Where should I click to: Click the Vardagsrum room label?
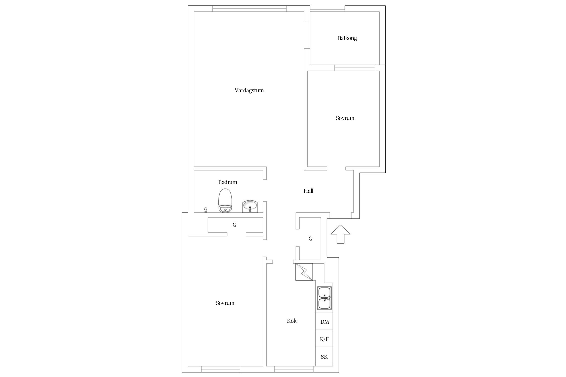[x=249, y=90]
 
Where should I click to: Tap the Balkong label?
[x=347, y=38]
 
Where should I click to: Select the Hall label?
[x=308, y=191]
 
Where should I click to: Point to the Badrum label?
[x=228, y=182]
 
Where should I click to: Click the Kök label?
[x=292, y=321]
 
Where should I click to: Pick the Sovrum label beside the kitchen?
[x=225, y=303]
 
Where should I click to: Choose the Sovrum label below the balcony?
[x=345, y=118]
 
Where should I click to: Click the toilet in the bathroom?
[x=225, y=201]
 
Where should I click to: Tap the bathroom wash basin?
[x=250, y=207]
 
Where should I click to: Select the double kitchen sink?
[x=325, y=298]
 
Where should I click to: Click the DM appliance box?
[x=324, y=321]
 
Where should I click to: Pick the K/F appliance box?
[x=324, y=339]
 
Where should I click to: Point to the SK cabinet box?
[x=324, y=356]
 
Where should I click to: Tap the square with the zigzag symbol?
[x=304, y=272]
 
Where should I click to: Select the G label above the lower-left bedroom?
[x=234, y=225]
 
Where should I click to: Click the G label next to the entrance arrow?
[x=310, y=239]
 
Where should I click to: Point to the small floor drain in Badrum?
[x=206, y=210]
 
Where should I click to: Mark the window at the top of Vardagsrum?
[x=249, y=9]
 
